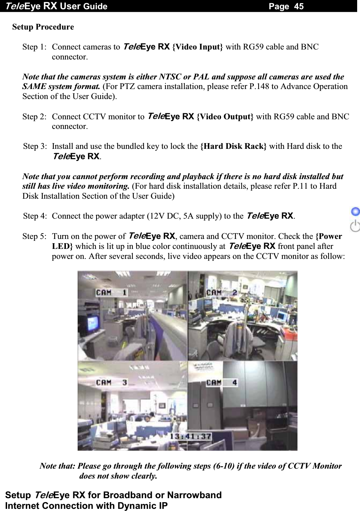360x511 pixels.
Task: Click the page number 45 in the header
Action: coord(299,6)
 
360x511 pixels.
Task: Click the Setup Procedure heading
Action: coord(43,27)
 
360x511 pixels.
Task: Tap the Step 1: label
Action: coord(34,47)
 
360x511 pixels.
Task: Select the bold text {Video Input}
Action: coord(198,47)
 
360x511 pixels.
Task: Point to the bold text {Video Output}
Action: coord(225,117)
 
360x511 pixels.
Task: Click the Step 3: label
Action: coord(35,146)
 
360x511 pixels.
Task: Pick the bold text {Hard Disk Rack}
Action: coord(233,146)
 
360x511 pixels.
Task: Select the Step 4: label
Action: coord(35,216)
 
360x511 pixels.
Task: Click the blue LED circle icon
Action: coord(355,212)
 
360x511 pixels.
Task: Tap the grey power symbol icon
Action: coord(355,226)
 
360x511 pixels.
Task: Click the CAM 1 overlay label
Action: coord(111,293)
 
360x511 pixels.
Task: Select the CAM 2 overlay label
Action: coord(221,293)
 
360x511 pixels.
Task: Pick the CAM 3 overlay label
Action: coord(111,383)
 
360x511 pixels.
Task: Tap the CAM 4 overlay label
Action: coord(221,383)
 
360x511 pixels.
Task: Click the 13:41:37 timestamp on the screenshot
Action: coord(190,436)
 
